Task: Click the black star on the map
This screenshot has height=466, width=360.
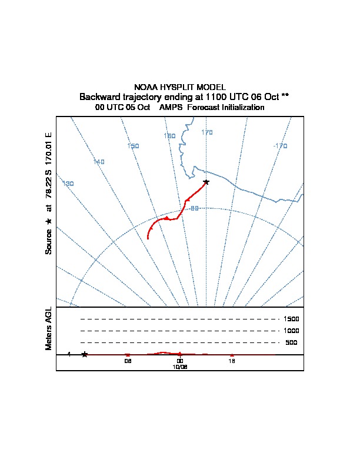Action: point(205,182)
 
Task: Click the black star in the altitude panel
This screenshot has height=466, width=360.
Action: point(85,354)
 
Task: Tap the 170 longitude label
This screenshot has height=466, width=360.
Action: point(207,132)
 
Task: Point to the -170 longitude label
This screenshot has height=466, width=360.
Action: point(280,146)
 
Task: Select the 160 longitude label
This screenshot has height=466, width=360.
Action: point(169,136)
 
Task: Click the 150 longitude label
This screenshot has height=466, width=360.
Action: point(133,146)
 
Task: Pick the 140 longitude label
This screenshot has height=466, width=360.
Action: point(99,162)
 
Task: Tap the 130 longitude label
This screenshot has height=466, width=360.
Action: point(68,184)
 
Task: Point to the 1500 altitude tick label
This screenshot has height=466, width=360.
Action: point(292,319)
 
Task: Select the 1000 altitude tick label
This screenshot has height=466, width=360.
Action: point(292,331)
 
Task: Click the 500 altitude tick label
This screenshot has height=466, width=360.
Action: point(292,342)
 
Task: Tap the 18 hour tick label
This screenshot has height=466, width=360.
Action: point(232,361)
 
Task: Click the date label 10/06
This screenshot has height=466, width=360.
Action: point(180,367)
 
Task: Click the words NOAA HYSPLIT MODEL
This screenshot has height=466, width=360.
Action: point(180,87)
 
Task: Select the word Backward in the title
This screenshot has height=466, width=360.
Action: point(99,96)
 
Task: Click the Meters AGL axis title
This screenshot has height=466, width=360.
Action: point(48,328)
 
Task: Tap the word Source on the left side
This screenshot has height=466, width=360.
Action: point(49,241)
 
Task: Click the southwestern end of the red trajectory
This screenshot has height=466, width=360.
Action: point(148,239)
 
